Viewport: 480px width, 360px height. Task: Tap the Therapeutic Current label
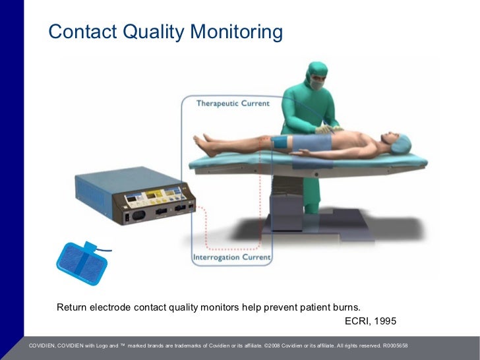pyautogui.click(x=233, y=104)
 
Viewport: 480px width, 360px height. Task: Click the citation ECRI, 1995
pyautogui.click(x=371, y=321)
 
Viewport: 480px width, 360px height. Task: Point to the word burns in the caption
pyautogui.click(x=345, y=307)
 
